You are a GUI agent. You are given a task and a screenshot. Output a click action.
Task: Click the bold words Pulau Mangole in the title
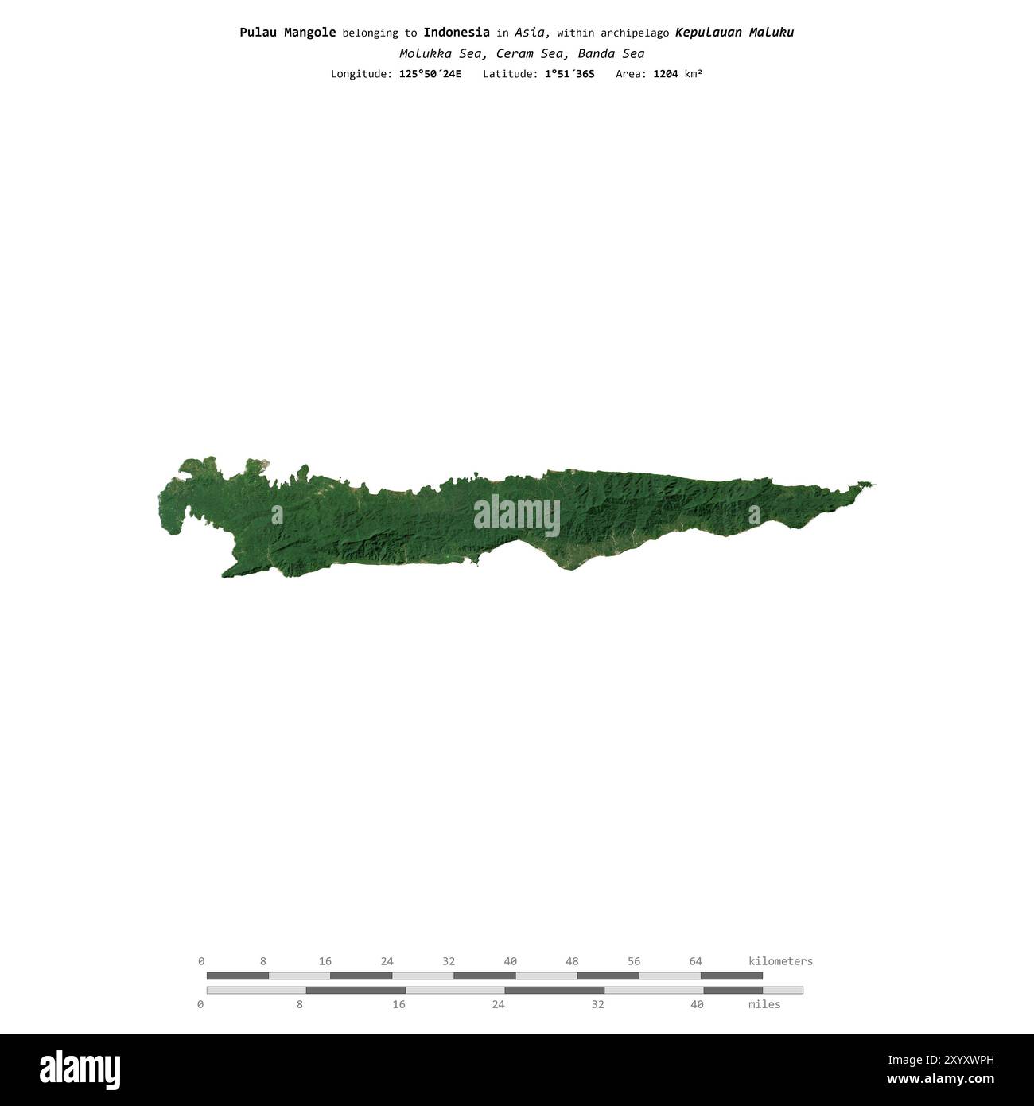coord(287,33)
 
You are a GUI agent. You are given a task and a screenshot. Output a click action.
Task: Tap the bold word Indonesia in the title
coord(456,33)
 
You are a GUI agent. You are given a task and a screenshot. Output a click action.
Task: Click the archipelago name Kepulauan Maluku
coord(734,33)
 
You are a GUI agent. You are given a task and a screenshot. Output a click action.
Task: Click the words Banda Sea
coord(611,54)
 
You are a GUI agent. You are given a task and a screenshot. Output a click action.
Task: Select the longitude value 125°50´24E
coord(430,74)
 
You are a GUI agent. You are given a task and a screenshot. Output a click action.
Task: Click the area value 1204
coord(665,74)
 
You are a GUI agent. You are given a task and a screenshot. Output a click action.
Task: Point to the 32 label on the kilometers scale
coord(449,961)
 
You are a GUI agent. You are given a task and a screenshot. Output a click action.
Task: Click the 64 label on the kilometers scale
coord(695,961)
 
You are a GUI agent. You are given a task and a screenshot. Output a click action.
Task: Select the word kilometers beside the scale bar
coord(780,961)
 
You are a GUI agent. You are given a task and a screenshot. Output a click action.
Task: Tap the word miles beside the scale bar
coord(764,1004)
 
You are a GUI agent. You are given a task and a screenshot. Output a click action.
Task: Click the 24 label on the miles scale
coord(498,1004)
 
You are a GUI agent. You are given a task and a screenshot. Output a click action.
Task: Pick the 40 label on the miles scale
coord(697,1004)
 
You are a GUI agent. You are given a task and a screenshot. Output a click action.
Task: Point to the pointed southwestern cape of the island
coord(225,574)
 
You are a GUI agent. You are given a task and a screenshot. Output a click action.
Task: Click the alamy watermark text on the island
coord(517,516)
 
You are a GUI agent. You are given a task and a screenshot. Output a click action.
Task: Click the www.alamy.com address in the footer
coord(940,1080)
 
